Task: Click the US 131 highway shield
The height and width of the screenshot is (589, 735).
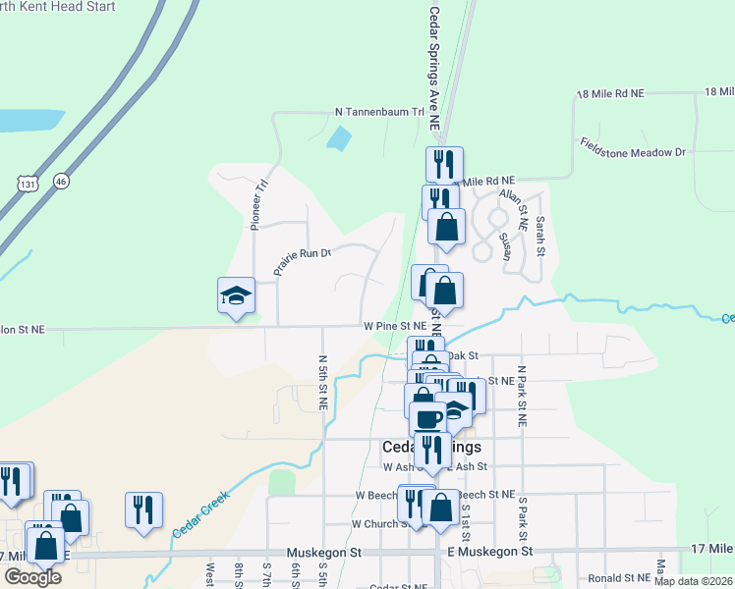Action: pos(27,183)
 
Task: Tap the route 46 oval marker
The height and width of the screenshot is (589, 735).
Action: pos(62,181)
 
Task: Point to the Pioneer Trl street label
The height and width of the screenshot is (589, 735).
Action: pos(259,204)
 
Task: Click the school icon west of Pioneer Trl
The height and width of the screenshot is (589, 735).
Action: pos(236,296)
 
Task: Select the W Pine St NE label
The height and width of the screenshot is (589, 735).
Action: pos(394,324)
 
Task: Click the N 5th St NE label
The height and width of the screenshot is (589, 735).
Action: pos(322,383)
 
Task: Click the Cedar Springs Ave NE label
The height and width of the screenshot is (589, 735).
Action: pos(433,69)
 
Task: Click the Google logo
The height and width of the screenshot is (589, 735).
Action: pos(32,576)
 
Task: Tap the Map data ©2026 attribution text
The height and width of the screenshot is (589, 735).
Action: pos(693,581)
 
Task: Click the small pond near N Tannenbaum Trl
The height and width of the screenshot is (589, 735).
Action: pos(339,138)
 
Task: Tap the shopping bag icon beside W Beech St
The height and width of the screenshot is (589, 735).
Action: pos(440,509)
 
